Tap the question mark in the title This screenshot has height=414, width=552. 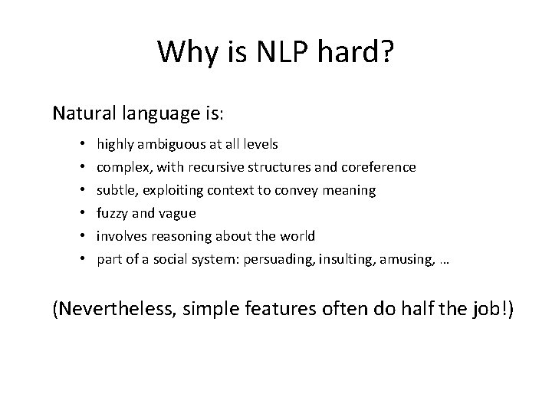(386, 52)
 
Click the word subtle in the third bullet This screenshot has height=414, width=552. (113, 189)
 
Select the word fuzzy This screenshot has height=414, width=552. (113, 213)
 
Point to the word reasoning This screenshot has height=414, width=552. (179, 236)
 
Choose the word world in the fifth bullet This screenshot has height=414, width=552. (295, 236)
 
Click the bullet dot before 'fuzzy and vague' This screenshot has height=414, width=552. (81, 213)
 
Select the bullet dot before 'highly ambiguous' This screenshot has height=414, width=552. (81, 144)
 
